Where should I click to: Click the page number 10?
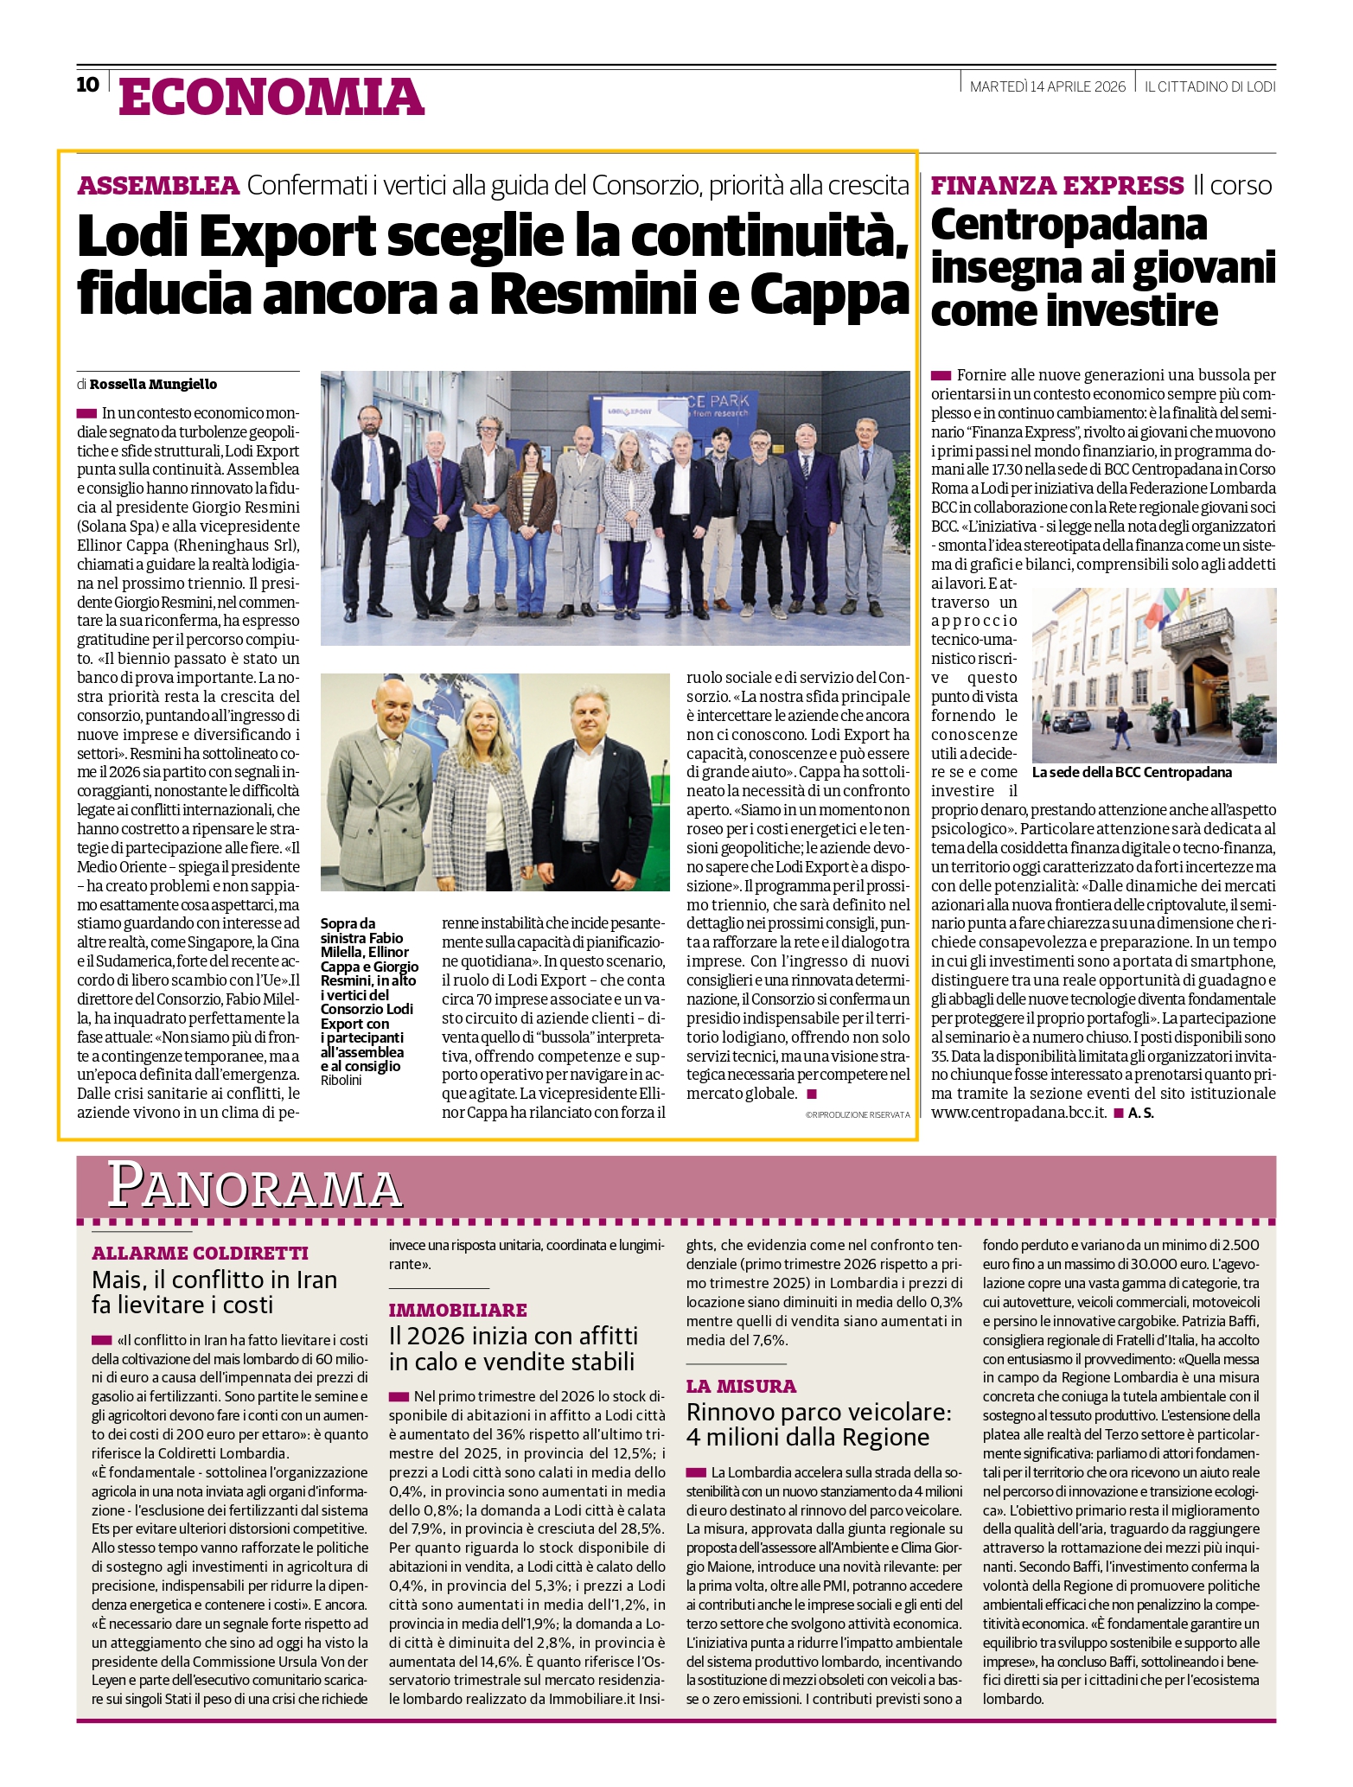tap(88, 85)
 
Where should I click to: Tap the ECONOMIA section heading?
tap(271, 96)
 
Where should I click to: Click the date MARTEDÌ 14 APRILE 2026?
tap(1047, 86)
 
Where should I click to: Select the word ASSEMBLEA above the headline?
tap(158, 185)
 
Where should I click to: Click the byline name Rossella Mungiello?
tap(153, 384)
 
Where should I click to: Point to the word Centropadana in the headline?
tap(1069, 225)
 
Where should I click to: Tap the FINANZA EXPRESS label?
tap(1056, 185)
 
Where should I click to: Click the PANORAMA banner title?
tap(256, 1186)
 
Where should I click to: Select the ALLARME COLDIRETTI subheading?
tap(200, 1253)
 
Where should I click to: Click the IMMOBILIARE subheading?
tap(457, 1310)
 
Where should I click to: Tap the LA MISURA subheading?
tap(741, 1386)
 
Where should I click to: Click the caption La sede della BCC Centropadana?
tap(1132, 772)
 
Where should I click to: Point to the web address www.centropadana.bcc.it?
tap(1018, 1113)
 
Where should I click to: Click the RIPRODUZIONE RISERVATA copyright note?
tap(857, 1115)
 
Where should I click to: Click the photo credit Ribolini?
tap(341, 1081)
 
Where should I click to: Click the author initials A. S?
tap(1140, 1113)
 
